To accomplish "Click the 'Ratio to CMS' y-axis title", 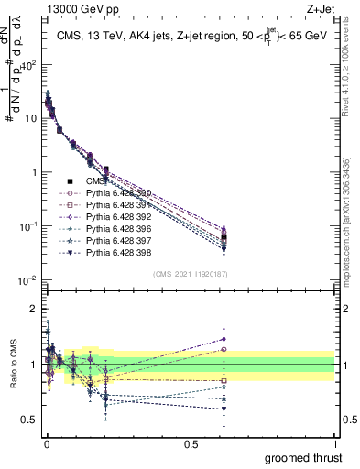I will point(14,365).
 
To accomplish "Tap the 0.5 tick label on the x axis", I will point(191,443).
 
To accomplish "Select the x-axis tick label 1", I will point(334,443).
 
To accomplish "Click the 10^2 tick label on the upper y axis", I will point(29,65).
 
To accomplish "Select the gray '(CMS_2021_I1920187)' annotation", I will point(191,274).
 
